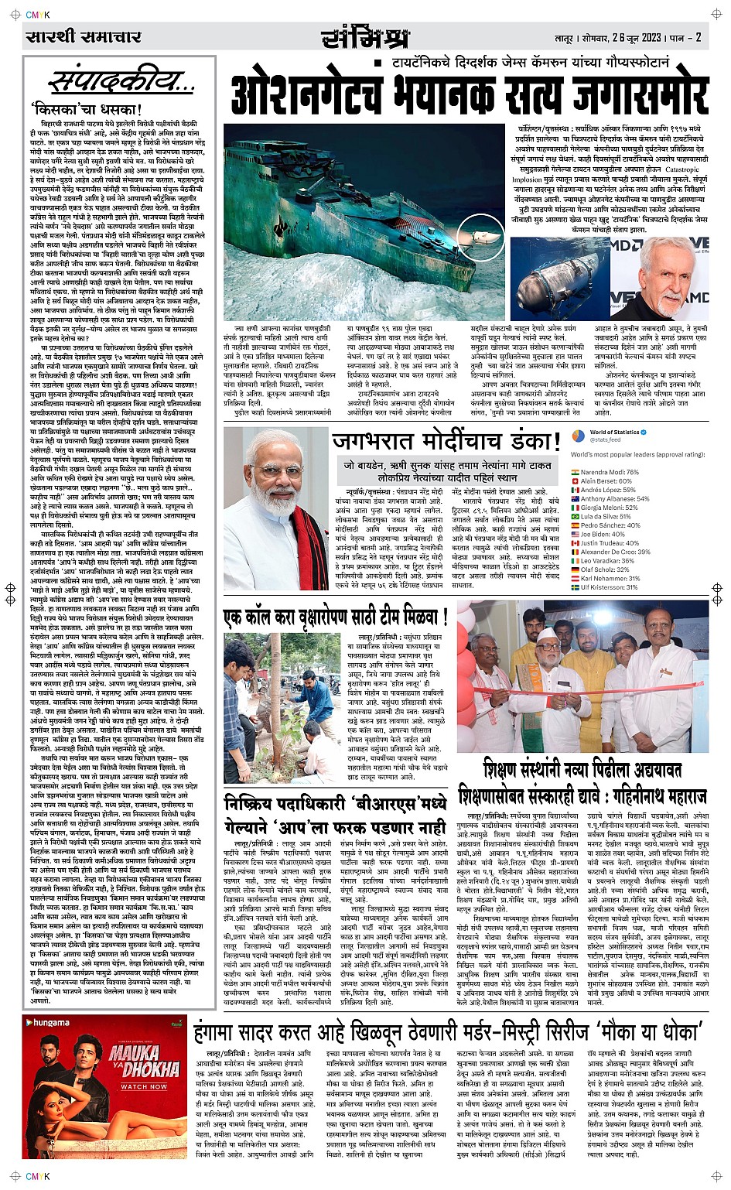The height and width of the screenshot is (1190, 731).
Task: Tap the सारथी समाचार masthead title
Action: (84, 36)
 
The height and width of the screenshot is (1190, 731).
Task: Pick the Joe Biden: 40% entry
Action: (603, 534)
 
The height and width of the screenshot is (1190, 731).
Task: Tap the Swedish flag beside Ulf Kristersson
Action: (575, 587)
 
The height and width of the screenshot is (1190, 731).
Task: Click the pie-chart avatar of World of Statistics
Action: (578, 436)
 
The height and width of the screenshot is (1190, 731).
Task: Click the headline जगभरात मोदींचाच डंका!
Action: (446, 442)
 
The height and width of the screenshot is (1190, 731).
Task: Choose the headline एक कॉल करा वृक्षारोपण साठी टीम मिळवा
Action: (336, 617)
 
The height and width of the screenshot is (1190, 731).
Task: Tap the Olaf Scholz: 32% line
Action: (605, 569)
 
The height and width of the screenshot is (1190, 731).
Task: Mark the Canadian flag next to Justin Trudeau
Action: (575, 543)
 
